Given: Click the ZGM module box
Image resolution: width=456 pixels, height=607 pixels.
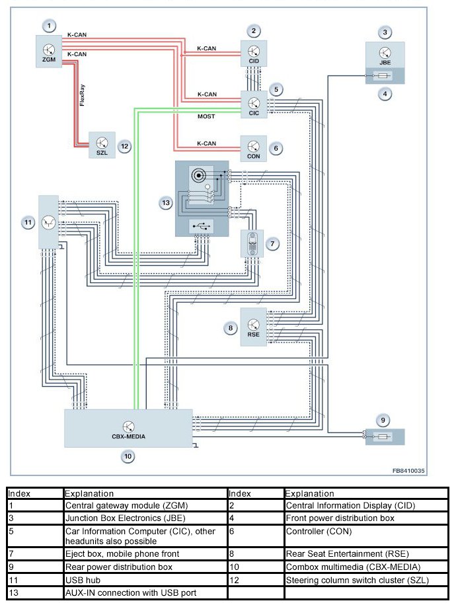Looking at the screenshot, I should click(48, 51).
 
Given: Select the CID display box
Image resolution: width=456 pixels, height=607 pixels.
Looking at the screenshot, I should click(254, 52).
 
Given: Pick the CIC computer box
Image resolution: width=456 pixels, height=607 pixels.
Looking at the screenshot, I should click(254, 104).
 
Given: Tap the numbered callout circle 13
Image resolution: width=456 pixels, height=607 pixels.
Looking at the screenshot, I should click(166, 202).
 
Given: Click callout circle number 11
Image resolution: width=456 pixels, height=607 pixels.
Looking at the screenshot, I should click(28, 223).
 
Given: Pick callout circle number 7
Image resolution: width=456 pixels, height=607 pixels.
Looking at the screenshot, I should click(272, 243).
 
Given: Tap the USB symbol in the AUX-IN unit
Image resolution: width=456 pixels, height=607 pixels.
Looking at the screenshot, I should click(202, 225).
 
